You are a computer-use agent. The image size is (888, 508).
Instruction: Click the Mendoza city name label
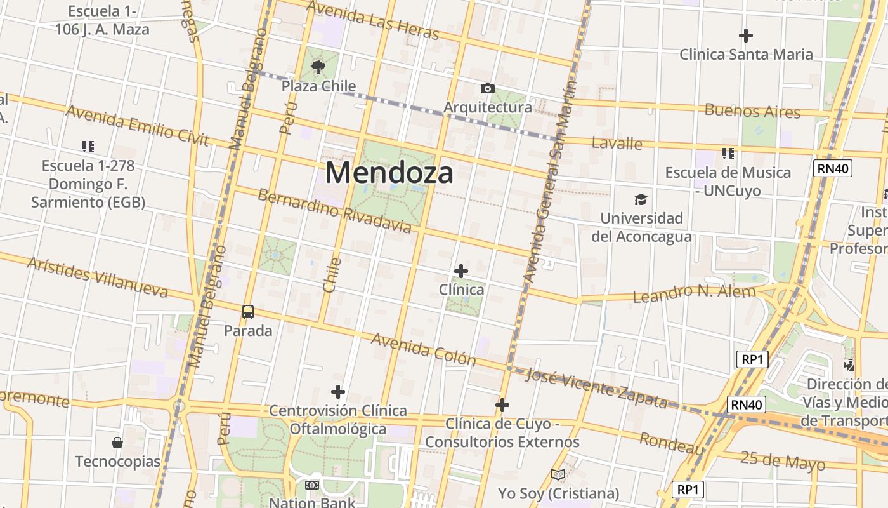[389, 173]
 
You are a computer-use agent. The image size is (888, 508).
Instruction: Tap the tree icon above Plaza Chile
[318, 66]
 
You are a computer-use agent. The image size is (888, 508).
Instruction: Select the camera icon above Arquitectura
[487, 88]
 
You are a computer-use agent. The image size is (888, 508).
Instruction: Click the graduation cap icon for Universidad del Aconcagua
[641, 200]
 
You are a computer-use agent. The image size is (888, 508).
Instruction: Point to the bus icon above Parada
[248, 312]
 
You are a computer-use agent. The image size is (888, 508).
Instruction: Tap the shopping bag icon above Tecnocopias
[117, 442]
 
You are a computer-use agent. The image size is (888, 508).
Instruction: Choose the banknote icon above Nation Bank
[311, 485]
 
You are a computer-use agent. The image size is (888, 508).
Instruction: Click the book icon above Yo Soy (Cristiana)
[558, 474]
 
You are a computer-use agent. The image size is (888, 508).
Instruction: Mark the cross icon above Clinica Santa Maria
[746, 35]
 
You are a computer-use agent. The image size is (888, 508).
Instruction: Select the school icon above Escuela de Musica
[728, 153]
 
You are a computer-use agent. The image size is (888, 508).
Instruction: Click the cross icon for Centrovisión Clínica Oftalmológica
[338, 391]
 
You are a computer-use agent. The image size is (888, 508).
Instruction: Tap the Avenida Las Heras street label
[372, 20]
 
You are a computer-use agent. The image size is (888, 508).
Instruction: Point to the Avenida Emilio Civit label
[137, 126]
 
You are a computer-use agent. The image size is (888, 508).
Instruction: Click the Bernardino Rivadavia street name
[334, 210]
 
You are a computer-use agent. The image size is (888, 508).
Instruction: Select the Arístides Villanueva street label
[97, 277]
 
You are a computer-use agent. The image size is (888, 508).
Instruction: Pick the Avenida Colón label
[423, 349]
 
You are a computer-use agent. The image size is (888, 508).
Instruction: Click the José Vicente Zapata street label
[596, 387]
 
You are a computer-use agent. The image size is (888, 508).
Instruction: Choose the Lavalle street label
[617, 143]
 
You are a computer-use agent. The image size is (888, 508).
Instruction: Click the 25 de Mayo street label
[783, 462]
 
